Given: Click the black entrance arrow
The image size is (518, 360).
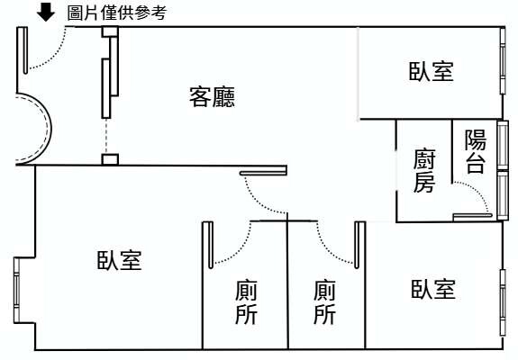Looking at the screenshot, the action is coord(46,13).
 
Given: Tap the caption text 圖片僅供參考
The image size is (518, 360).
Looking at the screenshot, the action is coord(117,13).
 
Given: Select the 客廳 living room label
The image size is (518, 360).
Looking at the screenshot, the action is coord(212,96).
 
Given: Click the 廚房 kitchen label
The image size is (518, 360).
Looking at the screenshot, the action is coord(424,171).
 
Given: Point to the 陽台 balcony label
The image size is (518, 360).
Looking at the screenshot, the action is coord(476,151).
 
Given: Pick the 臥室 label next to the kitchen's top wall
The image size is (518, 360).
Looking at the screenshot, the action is coord(432,71).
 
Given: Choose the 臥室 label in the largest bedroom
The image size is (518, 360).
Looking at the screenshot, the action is coord(119,260).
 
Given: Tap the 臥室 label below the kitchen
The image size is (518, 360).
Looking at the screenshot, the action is coord(433,289).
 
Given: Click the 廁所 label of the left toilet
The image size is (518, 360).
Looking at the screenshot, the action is coord(247,301).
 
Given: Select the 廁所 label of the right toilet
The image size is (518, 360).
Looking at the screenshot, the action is coord(324,301).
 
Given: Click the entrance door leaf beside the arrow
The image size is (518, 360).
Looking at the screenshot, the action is coord(25,50).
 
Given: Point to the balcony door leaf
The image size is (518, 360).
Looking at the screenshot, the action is coord(472,216).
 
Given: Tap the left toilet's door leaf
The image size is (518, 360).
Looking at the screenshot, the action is coord(211,245).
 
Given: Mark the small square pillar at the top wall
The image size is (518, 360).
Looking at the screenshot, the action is coord(110,31).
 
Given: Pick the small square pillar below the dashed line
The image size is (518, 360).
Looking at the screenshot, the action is coord(110,159).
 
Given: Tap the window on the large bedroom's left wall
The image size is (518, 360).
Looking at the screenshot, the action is coord(16,291).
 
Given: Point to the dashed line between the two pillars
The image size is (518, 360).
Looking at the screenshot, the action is coord(106,136).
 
